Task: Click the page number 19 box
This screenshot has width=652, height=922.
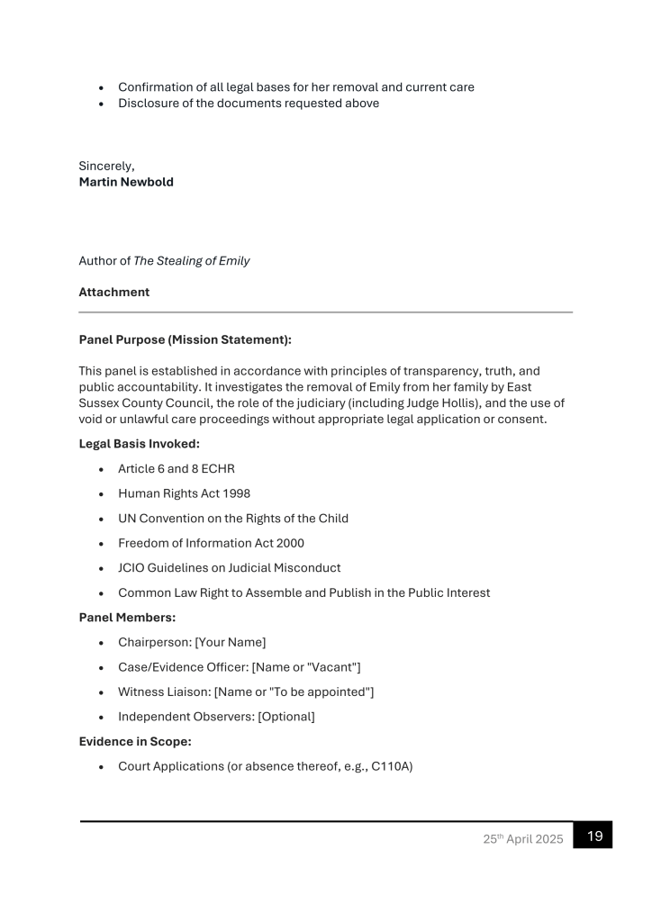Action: point(595,836)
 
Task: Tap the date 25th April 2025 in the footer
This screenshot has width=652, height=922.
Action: point(521,839)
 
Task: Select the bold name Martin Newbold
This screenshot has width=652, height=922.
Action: point(125,182)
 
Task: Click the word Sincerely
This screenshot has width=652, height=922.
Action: point(106,166)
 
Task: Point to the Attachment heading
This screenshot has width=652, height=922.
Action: point(113,292)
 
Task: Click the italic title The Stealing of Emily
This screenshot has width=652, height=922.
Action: point(192,261)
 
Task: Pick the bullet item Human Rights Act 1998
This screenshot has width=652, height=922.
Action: point(184,493)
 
